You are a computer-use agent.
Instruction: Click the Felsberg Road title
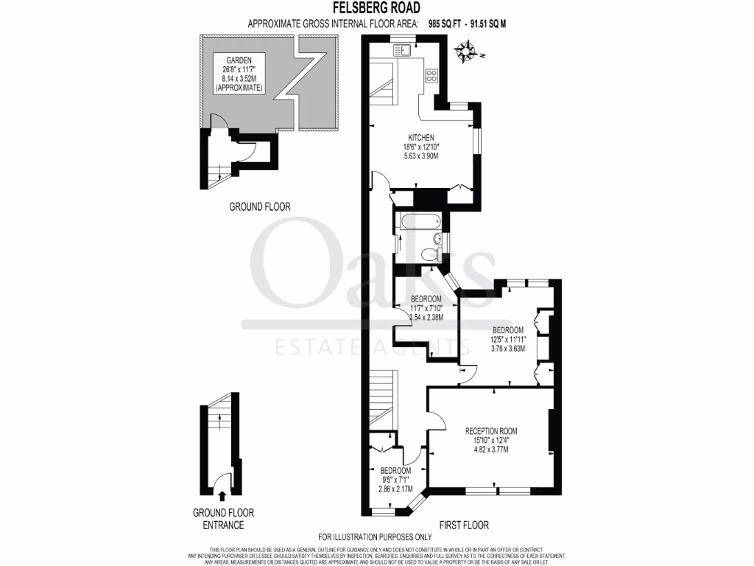tap(376, 8)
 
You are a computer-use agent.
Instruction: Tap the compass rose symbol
tap(465, 52)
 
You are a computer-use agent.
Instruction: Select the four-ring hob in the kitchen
tap(431, 75)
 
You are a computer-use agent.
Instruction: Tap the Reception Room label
tap(490, 431)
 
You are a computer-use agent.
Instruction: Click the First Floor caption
tap(464, 525)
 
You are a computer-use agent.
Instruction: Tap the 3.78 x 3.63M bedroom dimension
tap(507, 349)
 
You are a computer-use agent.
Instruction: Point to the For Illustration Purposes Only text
tap(375, 537)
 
